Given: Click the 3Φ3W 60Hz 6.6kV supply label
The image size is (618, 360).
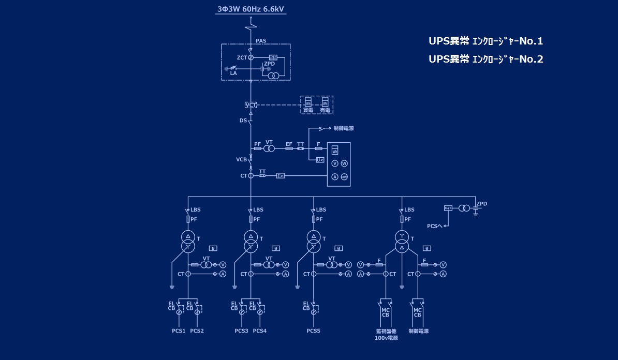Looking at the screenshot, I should (251, 9).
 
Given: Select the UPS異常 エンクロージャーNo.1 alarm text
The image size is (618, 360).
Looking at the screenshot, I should (485, 41).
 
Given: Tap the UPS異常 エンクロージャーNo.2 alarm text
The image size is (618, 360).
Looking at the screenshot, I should (485, 59).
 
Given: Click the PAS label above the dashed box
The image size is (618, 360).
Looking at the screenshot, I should (261, 40).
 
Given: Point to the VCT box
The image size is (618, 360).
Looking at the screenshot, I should (251, 106).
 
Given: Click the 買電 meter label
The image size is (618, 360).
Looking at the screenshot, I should (307, 110).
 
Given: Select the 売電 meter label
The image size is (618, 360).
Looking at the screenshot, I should (325, 110).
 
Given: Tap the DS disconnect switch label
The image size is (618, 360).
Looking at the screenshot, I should (243, 121).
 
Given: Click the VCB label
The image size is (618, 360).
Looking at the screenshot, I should (241, 159).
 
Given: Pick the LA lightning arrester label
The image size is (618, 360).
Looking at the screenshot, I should (233, 73).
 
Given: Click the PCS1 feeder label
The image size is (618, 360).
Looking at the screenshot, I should (179, 331).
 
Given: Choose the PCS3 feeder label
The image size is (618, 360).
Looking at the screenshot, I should (241, 331).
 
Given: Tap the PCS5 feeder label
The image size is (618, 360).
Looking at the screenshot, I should (313, 331).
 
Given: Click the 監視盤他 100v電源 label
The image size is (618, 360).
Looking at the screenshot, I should (386, 334).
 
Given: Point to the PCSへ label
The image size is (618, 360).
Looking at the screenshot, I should (434, 226).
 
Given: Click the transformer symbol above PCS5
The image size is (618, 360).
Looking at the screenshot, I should (313, 242).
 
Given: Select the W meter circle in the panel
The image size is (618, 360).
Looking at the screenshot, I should (344, 163).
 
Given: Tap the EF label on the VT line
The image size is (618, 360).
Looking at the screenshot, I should (289, 143).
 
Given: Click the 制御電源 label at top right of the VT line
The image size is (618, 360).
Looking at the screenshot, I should (344, 128).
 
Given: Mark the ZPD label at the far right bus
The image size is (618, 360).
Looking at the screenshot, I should (481, 204).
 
